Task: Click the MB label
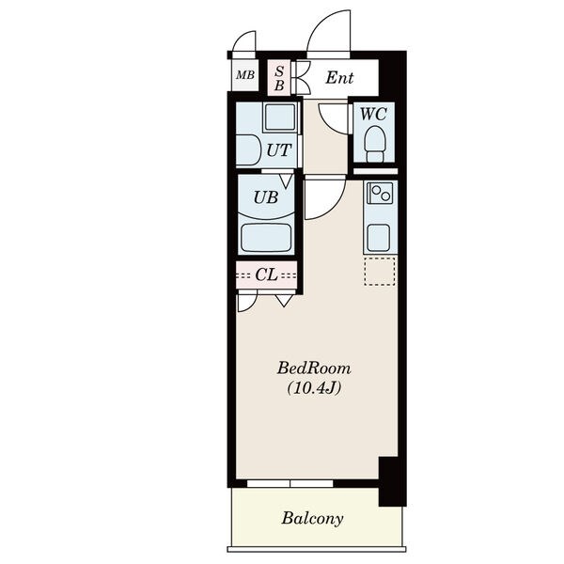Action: coord(245,75)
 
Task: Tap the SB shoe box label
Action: coord(279,78)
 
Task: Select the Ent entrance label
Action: coord(339,77)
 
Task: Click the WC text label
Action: coord(374,114)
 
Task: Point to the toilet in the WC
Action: coord(374,144)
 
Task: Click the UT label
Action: coord(278,150)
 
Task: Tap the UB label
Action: coord(266,197)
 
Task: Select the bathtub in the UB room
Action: coord(266,238)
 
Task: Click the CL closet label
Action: coord(267,275)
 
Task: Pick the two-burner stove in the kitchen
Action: coord(380,193)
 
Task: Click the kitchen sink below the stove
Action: coord(378,238)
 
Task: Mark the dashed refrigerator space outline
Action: coord(380,272)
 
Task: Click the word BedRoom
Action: coord(314,368)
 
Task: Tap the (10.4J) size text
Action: coord(314,387)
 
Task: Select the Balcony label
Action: coord(312,518)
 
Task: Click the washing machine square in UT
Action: coord(280,117)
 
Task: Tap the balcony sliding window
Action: coord(290,483)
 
